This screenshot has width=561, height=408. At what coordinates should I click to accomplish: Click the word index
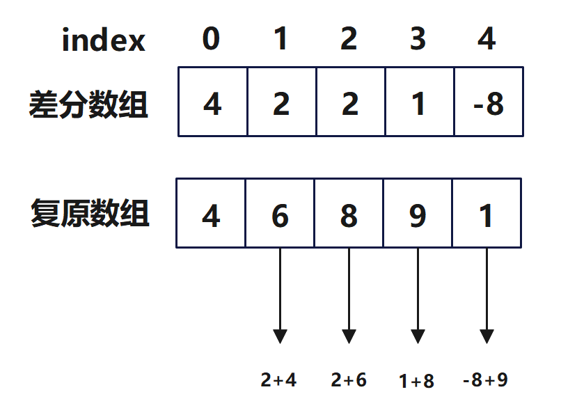click(x=104, y=40)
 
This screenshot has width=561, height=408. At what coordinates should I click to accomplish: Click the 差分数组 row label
click(x=88, y=105)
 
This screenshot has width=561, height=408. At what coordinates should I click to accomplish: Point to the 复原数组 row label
click(x=90, y=214)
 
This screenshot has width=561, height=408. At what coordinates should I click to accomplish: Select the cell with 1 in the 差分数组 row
click(x=419, y=102)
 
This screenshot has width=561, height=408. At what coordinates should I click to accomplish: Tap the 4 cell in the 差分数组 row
click(x=212, y=102)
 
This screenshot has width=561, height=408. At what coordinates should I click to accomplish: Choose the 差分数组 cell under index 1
click(x=281, y=102)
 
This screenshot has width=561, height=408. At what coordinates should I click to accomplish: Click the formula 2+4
click(x=278, y=380)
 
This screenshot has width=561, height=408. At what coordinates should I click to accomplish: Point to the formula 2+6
click(x=349, y=380)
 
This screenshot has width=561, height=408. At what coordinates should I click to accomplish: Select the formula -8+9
click(x=485, y=380)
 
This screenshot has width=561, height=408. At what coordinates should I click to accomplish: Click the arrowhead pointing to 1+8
click(x=418, y=334)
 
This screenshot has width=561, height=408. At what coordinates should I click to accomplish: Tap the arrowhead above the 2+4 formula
click(x=280, y=334)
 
